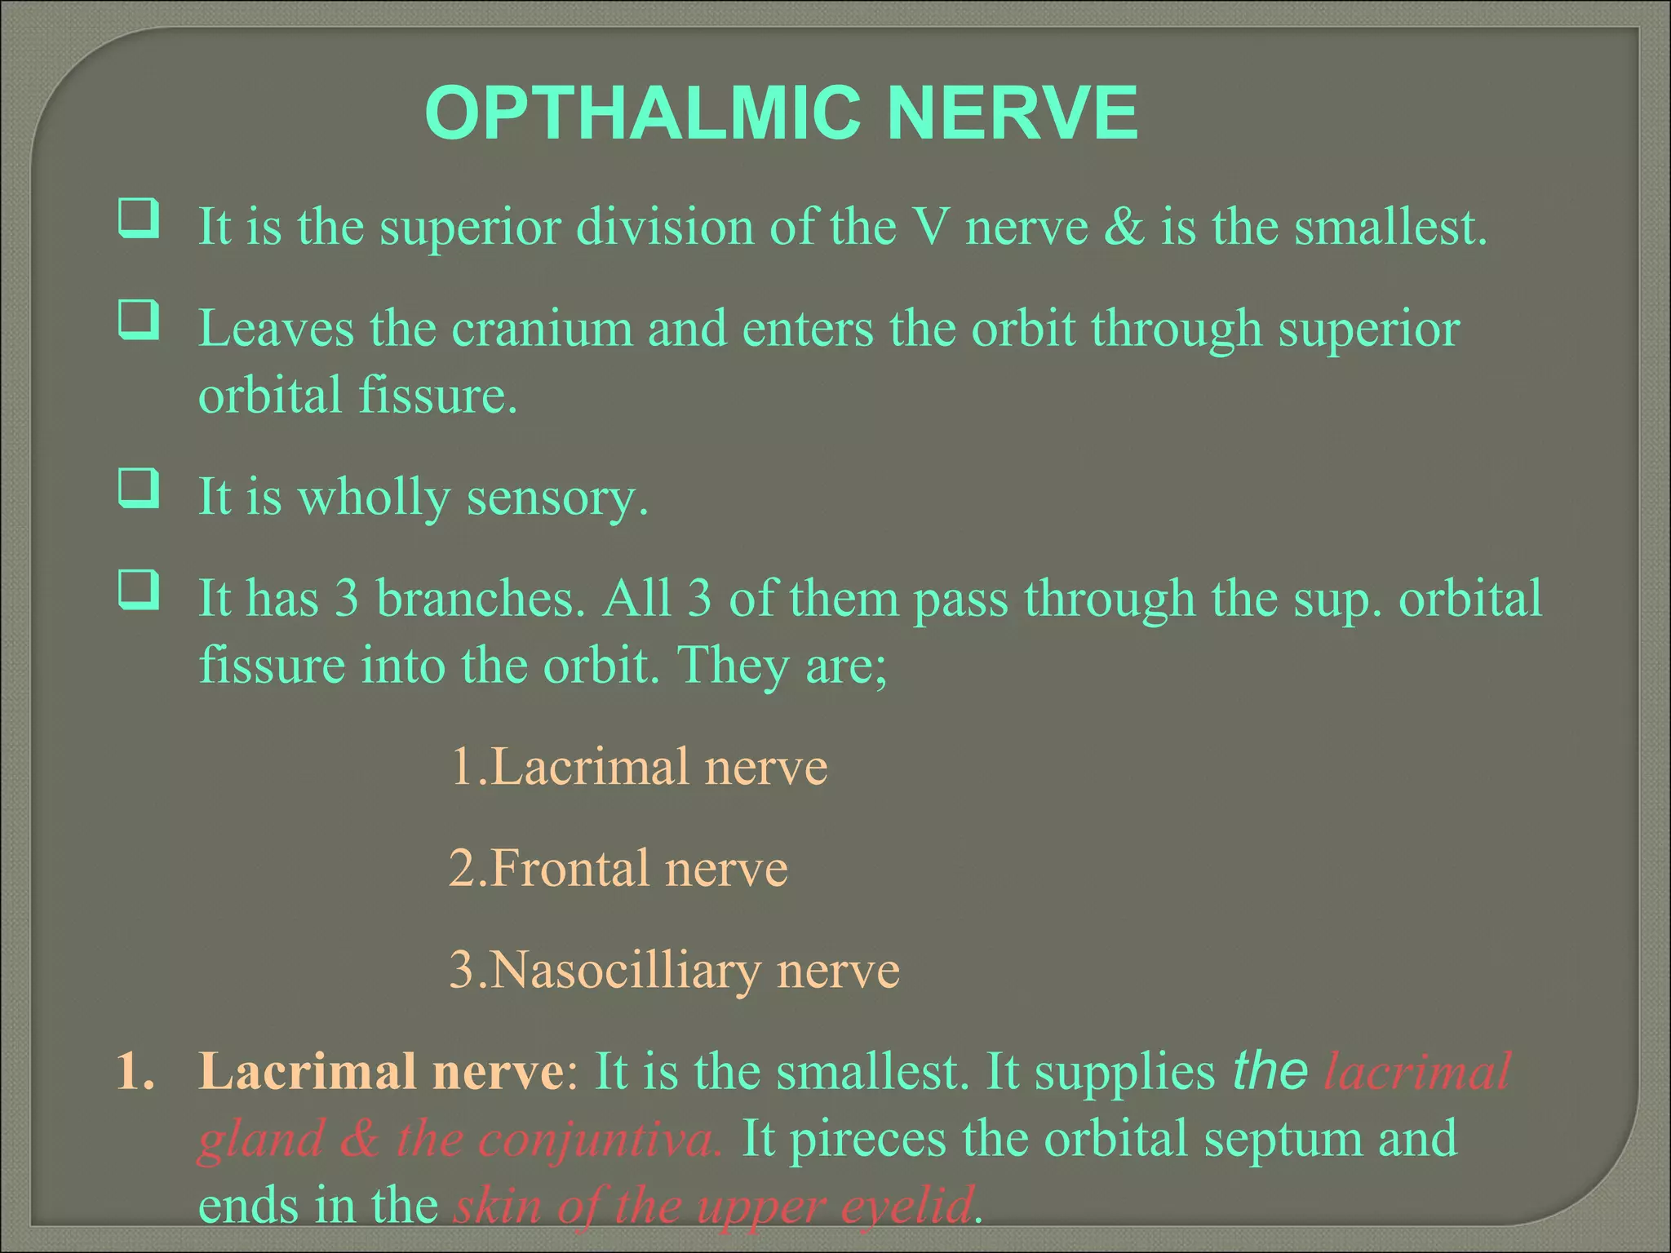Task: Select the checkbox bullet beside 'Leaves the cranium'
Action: pyautogui.click(x=138, y=320)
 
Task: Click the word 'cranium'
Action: pyautogui.click(x=542, y=329)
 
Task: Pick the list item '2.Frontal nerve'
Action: pyautogui.click(x=618, y=868)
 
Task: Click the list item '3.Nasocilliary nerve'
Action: pyautogui.click(x=674, y=970)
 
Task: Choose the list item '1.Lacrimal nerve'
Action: pyautogui.click(x=638, y=767)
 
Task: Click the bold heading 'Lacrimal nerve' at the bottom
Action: pyautogui.click(x=380, y=1071)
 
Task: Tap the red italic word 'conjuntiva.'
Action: pyautogui.click(x=600, y=1140)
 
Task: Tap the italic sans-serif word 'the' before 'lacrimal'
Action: pyautogui.click(x=1270, y=1071)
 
